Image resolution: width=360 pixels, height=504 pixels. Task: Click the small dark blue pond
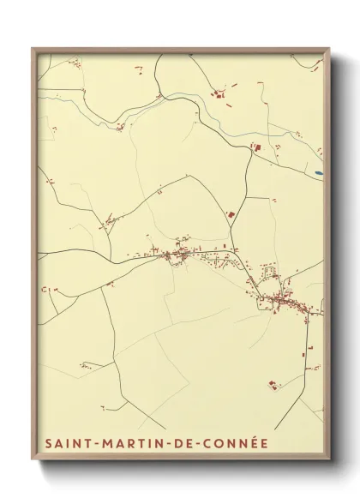pos(319,172)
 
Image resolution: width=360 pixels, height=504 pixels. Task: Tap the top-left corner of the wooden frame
pos(33,49)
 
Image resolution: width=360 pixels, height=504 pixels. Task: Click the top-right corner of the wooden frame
pos(329,49)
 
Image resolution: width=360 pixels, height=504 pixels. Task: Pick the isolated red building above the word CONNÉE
pos(273,385)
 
